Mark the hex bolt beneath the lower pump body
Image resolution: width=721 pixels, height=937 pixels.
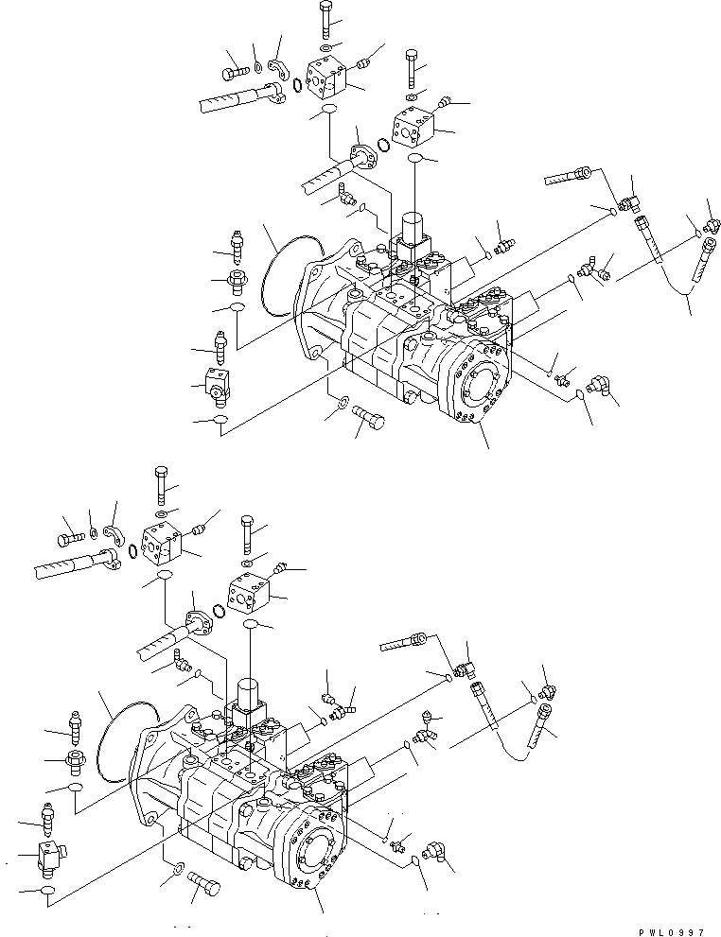point(203,887)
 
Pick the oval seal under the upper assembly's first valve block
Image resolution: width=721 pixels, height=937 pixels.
point(326,112)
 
